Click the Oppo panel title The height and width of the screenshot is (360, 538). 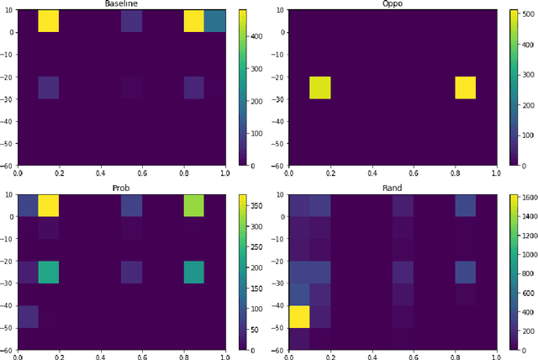393,5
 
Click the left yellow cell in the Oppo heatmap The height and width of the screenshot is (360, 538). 320,87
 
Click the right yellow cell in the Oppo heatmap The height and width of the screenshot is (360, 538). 466,87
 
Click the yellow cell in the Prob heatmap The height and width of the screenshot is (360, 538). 49,205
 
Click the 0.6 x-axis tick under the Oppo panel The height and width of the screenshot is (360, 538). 414,173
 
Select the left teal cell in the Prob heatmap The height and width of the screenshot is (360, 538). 49,272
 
